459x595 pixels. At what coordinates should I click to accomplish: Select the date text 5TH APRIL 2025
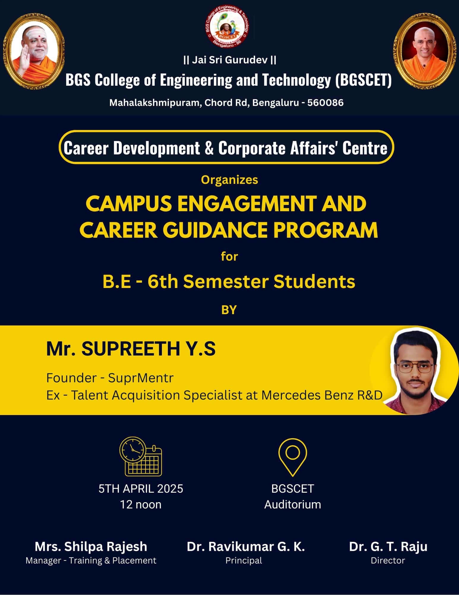(x=141, y=489)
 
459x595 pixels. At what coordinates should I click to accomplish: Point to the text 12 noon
(x=141, y=505)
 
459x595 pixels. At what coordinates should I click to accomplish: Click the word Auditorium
(x=293, y=505)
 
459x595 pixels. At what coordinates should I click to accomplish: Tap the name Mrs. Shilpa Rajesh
(x=91, y=547)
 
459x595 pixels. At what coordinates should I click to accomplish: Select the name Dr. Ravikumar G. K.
(x=246, y=547)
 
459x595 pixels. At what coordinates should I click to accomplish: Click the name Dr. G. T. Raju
(x=388, y=547)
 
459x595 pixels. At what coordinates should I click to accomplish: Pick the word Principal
(x=244, y=560)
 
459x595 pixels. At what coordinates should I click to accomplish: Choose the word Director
(x=388, y=560)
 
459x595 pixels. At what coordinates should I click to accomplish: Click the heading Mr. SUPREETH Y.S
(x=131, y=349)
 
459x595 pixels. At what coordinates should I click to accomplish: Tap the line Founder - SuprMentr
(x=110, y=378)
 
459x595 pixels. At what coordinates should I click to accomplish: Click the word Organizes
(x=229, y=180)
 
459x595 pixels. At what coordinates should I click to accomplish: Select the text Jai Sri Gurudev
(x=230, y=60)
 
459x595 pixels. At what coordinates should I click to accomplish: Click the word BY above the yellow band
(x=229, y=310)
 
